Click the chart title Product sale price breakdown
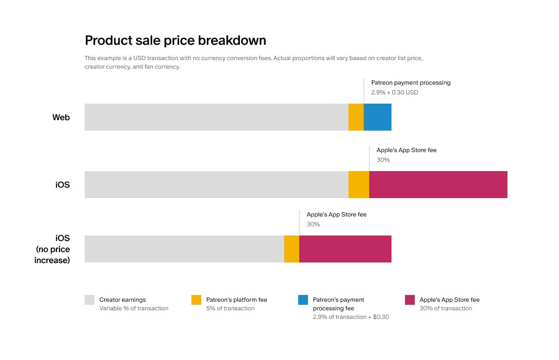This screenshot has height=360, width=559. point(175,40)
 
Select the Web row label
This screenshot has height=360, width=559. point(61,117)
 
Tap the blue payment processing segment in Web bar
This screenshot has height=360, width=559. point(377,117)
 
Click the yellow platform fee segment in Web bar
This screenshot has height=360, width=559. point(356,117)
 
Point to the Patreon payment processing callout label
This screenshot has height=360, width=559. point(411,82)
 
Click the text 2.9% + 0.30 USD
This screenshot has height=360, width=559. point(395,93)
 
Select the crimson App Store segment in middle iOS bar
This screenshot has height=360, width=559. point(438,185)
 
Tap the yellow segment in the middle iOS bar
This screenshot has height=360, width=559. point(359,185)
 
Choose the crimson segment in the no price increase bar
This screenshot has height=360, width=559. point(345,249)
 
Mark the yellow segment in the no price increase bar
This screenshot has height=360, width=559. point(291,249)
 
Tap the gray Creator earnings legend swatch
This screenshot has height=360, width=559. point(90,300)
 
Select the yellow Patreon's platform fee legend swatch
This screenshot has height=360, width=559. point(196,300)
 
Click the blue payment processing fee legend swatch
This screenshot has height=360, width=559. point(303,300)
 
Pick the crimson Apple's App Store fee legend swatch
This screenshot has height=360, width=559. point(410,300)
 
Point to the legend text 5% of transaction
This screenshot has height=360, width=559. point(230,308)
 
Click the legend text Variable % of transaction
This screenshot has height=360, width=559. point(134,308)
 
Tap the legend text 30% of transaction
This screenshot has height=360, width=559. point(446,308)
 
